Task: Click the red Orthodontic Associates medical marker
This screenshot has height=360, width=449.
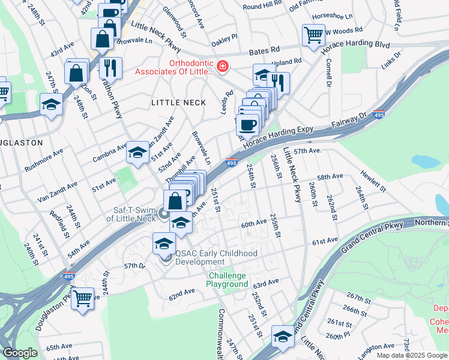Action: pos(222,66)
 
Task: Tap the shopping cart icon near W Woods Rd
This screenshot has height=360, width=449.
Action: pos(313,35)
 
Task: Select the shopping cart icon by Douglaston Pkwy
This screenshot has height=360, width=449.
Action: pos(82,298)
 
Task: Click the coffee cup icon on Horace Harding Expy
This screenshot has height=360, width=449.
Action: pos(247,125)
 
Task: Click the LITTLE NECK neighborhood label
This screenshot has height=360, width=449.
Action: pos(173,103)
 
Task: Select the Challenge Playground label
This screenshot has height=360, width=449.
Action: pos(228,280)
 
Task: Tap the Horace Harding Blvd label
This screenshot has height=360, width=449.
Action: pos(357,44)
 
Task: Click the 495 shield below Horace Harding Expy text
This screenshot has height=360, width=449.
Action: pos(232,163)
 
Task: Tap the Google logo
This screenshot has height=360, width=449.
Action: pos(20,353)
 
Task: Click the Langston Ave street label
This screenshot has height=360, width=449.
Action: pos(376,347)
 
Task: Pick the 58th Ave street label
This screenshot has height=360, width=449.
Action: pos(330,177)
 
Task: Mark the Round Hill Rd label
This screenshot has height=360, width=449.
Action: pos(262,5)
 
